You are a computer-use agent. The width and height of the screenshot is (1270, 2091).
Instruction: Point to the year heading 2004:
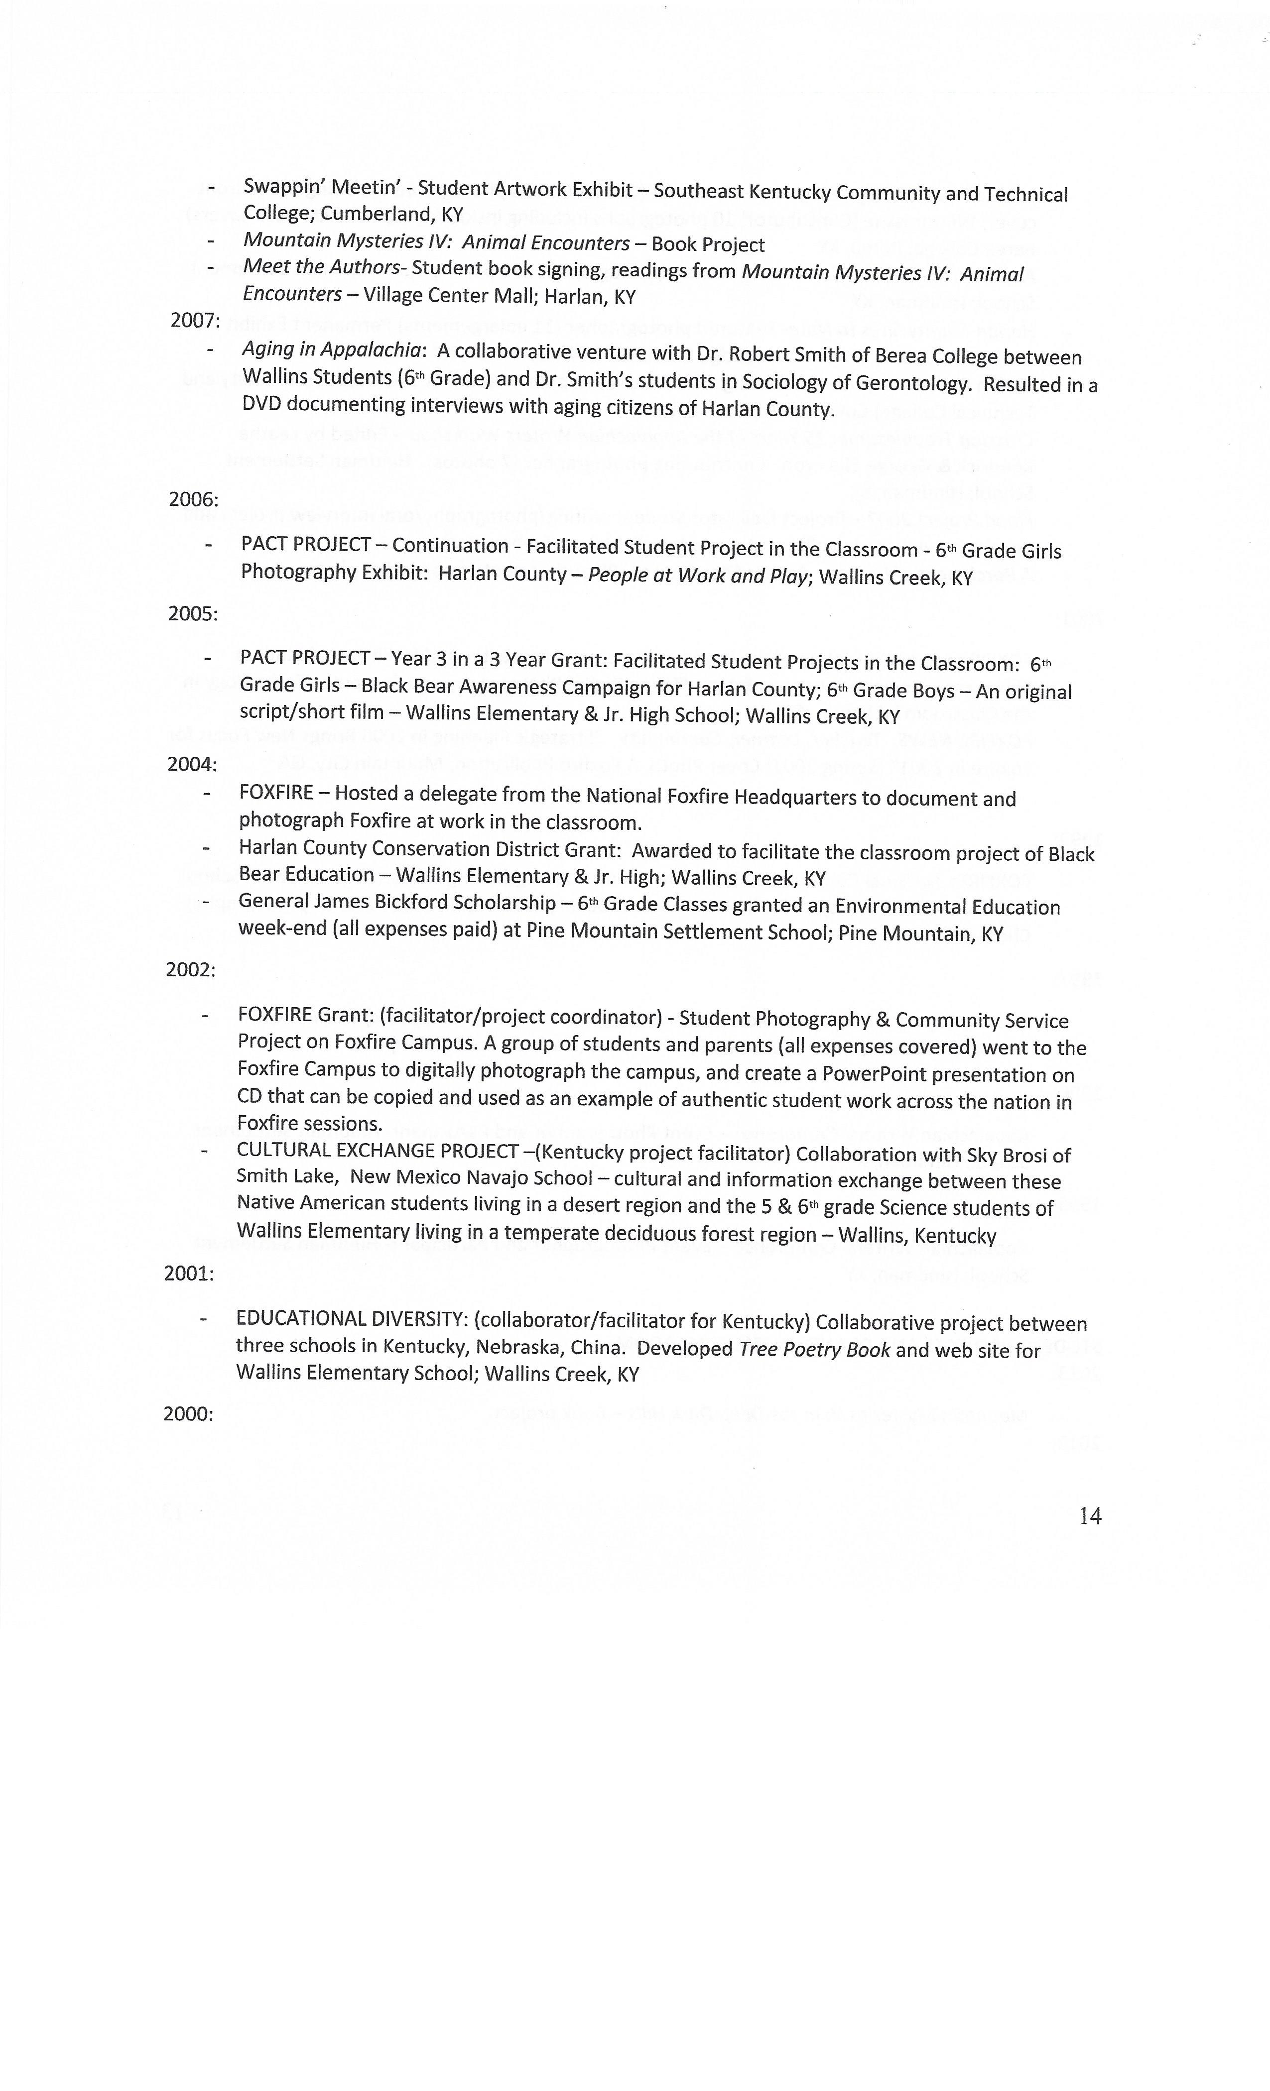[192, 765]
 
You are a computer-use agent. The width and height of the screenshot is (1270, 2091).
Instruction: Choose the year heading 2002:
[190, 970]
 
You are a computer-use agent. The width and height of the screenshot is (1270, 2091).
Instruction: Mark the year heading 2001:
[188, 1274]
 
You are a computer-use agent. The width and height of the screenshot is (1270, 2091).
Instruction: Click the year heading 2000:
[188, 1414]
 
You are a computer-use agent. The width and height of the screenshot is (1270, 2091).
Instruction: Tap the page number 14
[1090, 1516]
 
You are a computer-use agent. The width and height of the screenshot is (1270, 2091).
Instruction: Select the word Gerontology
[912, 383]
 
